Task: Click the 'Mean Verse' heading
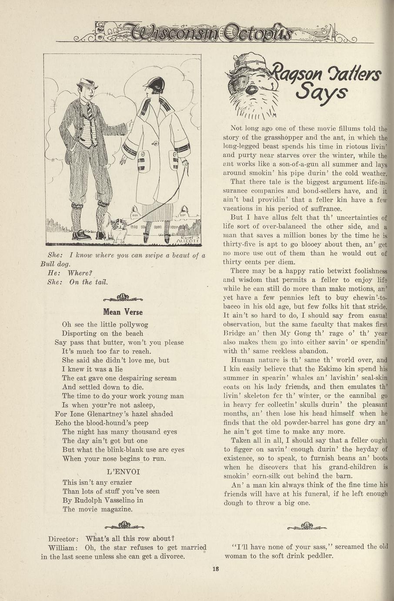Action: pos(123,312)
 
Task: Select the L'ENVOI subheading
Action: pos(123,471)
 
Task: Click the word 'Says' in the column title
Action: pos(321,93)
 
